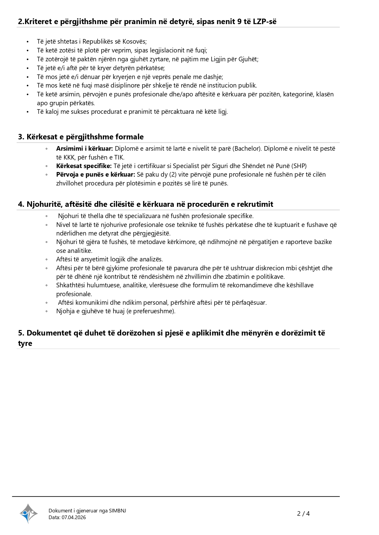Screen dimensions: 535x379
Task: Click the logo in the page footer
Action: [x=29, y=513]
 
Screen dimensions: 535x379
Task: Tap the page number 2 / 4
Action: [x=303, y=514]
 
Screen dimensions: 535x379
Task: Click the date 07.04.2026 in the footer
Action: [x=74, y=517]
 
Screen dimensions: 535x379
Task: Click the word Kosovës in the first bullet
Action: [x=134, y=41]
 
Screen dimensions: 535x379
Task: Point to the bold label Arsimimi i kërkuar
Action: [x=84, y=149]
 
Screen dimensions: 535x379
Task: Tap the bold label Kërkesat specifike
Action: [x=84, y=166]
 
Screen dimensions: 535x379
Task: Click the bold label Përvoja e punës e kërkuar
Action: [x=95, y=174]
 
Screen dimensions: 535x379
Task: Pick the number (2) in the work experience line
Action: [x=173, y=174]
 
